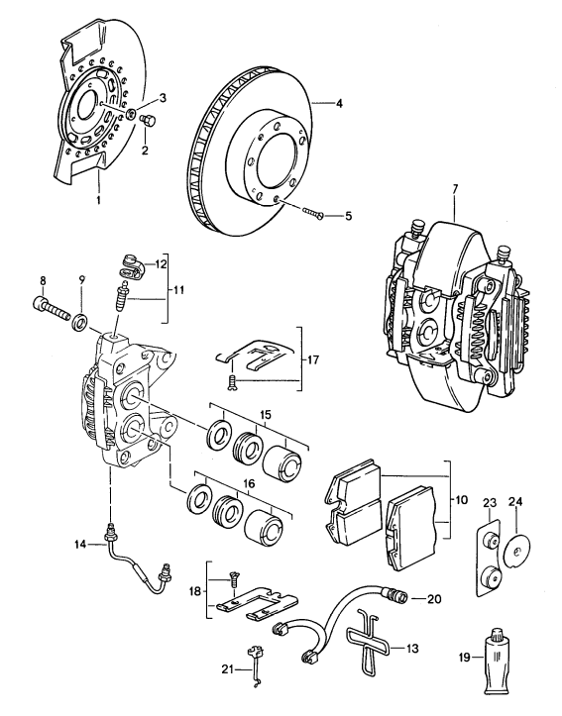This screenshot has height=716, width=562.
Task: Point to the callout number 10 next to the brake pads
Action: click(x=460, y=502)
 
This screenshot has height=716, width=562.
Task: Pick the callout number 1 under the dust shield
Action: click(x=98, y=200)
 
